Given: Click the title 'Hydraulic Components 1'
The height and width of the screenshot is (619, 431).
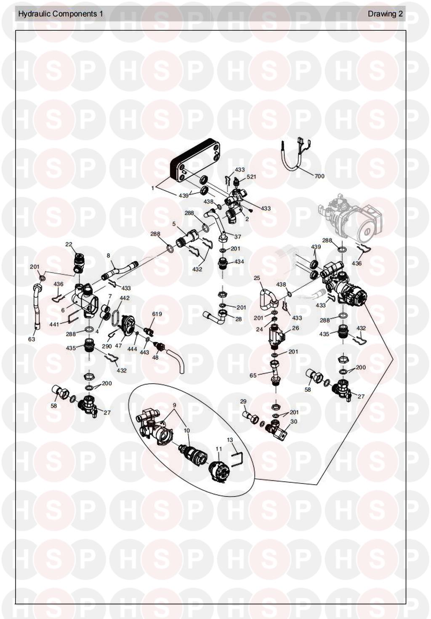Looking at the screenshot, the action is tap(61, 14).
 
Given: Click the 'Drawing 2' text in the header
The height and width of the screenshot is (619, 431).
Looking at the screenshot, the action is tap(385, 14).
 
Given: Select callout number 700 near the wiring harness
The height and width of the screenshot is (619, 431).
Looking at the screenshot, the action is tap(319, 176).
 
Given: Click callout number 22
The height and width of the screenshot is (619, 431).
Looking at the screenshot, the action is tap(69, 244).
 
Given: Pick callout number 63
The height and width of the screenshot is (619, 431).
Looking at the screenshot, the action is tap(32, 339).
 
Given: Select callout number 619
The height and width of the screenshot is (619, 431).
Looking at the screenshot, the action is tap(157, 314).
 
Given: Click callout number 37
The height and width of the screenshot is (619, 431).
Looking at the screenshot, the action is tap(238, 237).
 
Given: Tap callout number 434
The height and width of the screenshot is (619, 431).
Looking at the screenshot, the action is tap(239, 261).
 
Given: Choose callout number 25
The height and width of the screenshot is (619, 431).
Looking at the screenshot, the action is tap(257, 278).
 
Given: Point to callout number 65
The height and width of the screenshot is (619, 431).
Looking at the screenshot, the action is tap(253, 375).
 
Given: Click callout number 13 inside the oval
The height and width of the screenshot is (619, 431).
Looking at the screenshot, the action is tap(230, 440).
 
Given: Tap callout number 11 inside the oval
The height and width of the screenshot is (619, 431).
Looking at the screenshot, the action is tap(219, 450).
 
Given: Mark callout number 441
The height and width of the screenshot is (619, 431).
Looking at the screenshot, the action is tap(54, 324).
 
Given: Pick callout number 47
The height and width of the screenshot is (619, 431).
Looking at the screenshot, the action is tap(119, 346).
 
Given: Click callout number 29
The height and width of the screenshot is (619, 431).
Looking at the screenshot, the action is tap(243, 401).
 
